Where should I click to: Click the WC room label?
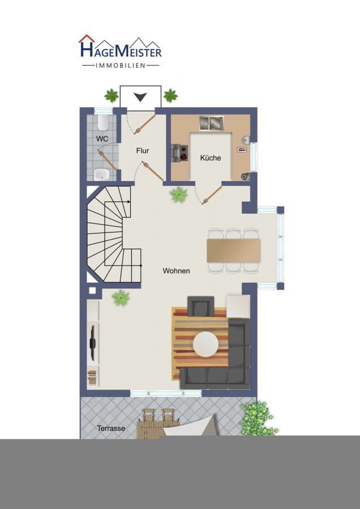(102, 139)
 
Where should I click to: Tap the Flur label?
(143, 151)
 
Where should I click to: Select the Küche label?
(211, 158)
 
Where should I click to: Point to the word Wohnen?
(177, 271)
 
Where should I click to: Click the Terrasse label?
(111, 428)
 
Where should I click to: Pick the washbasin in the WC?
(102, 174)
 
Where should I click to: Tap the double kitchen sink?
(212, 123)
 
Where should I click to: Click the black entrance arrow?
(140, 97)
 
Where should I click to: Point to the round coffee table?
(205, 344)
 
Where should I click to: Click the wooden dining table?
(234, 251)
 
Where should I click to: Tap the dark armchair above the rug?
(201, 307)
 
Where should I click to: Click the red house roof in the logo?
(87, 38)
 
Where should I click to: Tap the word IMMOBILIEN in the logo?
(121, 66)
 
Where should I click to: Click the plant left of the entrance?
(112, 96)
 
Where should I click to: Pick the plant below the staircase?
(121, 298)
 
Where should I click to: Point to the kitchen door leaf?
(212, 195)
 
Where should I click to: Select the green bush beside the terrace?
(258, 419)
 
